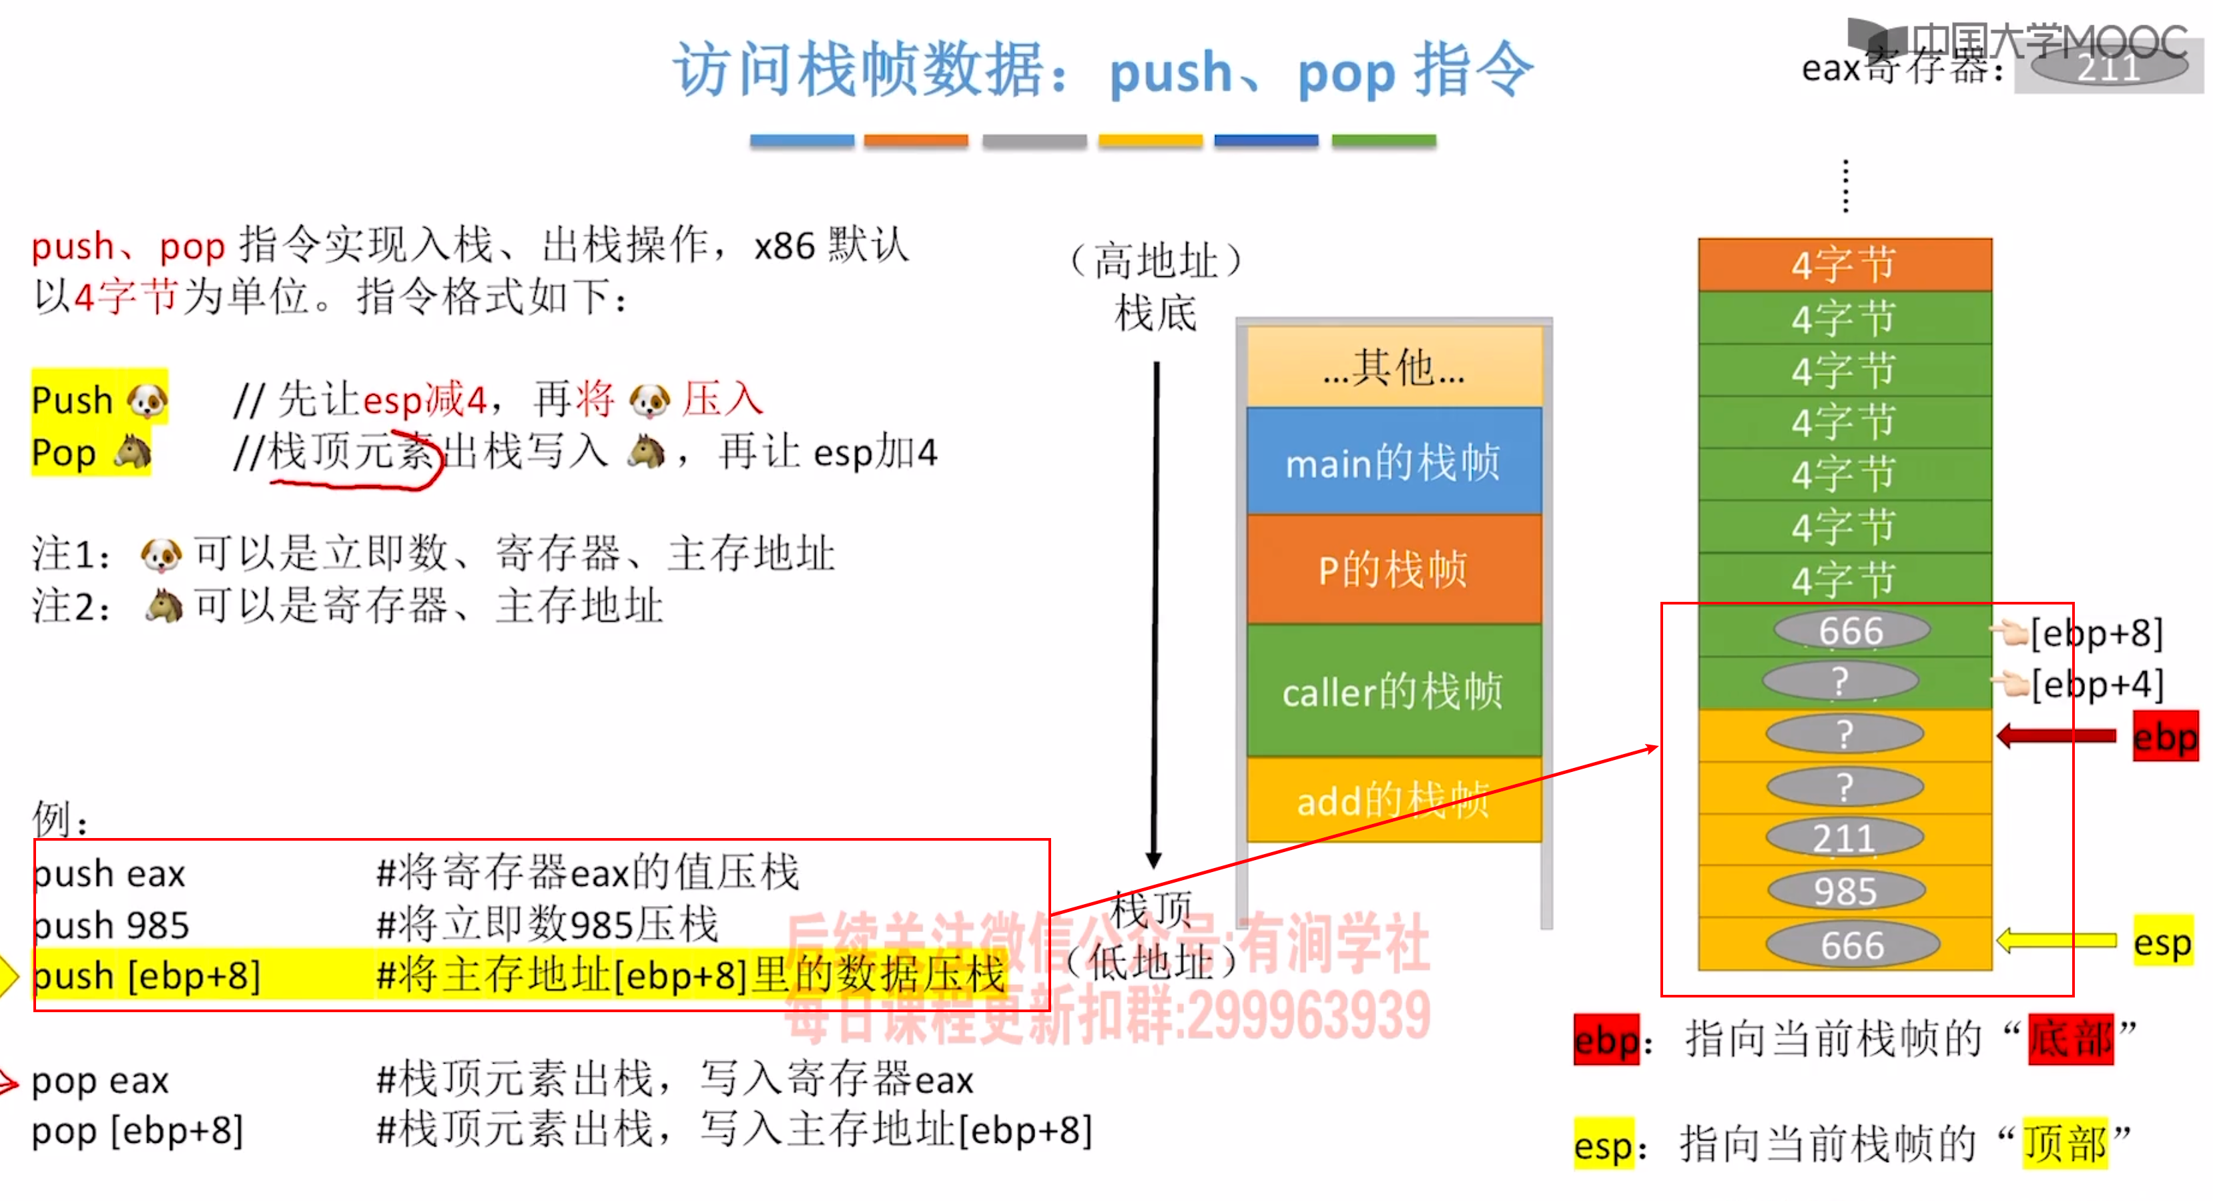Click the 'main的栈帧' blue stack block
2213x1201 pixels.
pyautogui.click(x=1393, y=462)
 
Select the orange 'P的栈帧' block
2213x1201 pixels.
pyautogui.click(x=1393, y=568)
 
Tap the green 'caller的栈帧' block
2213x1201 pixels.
pyautogui.click(x=1393, y=691)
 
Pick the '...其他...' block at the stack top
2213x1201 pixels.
pyautogui.click(x=1393, y=367)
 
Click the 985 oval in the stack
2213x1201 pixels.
pyautogui.click(x=1845, y=891)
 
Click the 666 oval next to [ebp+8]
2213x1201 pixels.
pyautogui.click(x=1851, y=631)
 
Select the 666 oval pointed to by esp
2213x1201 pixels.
pyautogui.click(x=1852, y=945)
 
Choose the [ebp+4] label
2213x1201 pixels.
pyautogui.click(x=2096, y=685)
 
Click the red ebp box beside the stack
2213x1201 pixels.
pyautogui.click(x=2165, y=736)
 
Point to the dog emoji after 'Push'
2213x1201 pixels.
pyautogui.click(x=147, y=400)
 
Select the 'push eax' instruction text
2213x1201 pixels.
pyautogui.click(x=109, y=873)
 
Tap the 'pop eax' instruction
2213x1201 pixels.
pyautogui.click(x=101, y=1080)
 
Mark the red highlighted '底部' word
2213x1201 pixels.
pyautogui.click(x=2070, y=1040)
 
